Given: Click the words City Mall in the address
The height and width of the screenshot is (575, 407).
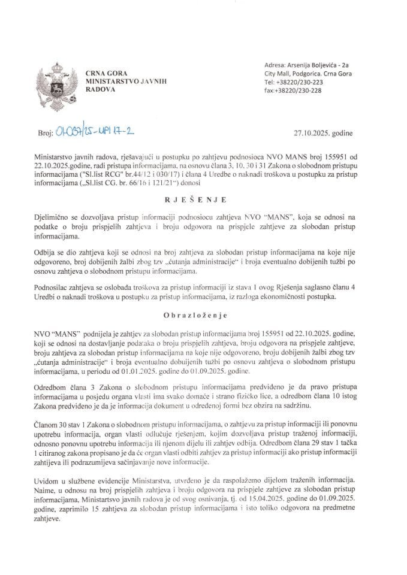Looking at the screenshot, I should pyautogui.click(x=278, y=73).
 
